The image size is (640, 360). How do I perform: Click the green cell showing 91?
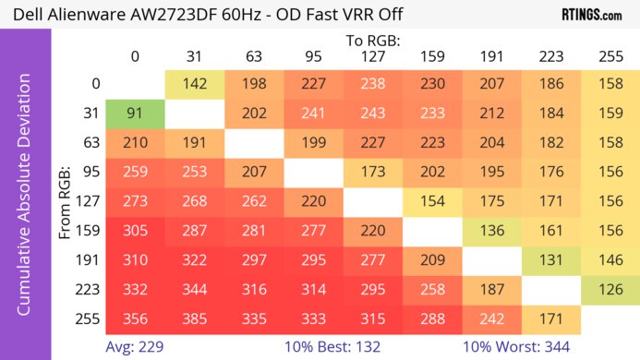[134, 115]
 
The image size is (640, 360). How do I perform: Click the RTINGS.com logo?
[591, 15]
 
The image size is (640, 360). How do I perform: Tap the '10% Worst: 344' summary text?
[517, 346]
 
